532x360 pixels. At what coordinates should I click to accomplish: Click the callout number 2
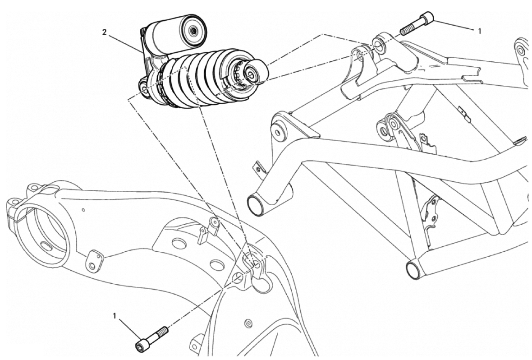(105, 32)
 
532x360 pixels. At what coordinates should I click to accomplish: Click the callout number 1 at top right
(479, 31)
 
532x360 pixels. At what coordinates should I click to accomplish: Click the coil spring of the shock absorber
(197, 80)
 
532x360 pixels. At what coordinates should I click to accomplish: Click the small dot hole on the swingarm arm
(83, 210)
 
